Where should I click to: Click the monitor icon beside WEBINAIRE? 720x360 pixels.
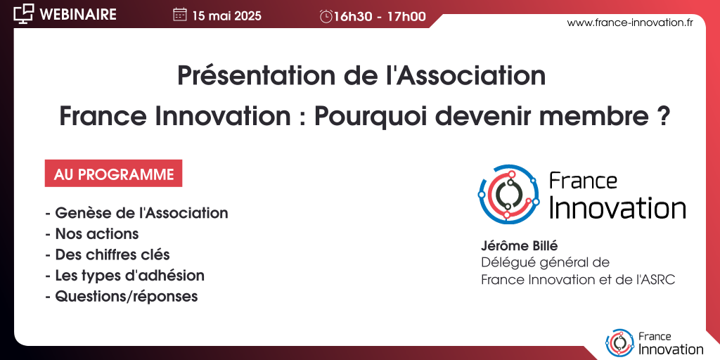click(x=23, y=14)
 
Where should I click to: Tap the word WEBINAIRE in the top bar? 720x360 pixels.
click(x=78, y=14)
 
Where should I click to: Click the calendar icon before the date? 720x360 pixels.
click(x=179, y=15)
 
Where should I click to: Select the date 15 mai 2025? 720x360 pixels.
click(x=227, y=16)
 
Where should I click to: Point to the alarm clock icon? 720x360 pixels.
click(x=326, y=17)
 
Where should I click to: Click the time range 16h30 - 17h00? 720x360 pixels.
click(x=380, y=17)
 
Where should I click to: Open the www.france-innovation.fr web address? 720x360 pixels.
click(x=630, y=23)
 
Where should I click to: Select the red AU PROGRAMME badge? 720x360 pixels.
click(x=113, y=173)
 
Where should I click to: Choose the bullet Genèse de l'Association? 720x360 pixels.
click(x=137, y=213)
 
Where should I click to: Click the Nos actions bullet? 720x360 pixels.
click(x=92, y=233)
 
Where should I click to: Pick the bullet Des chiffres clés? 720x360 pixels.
click(x=108, y=255)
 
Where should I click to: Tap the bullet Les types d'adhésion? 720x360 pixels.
click(x=125, y=276)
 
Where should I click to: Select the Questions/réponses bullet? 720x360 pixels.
click(x=121, y=296)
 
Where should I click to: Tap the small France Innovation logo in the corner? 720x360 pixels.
click(x=655, y=343)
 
